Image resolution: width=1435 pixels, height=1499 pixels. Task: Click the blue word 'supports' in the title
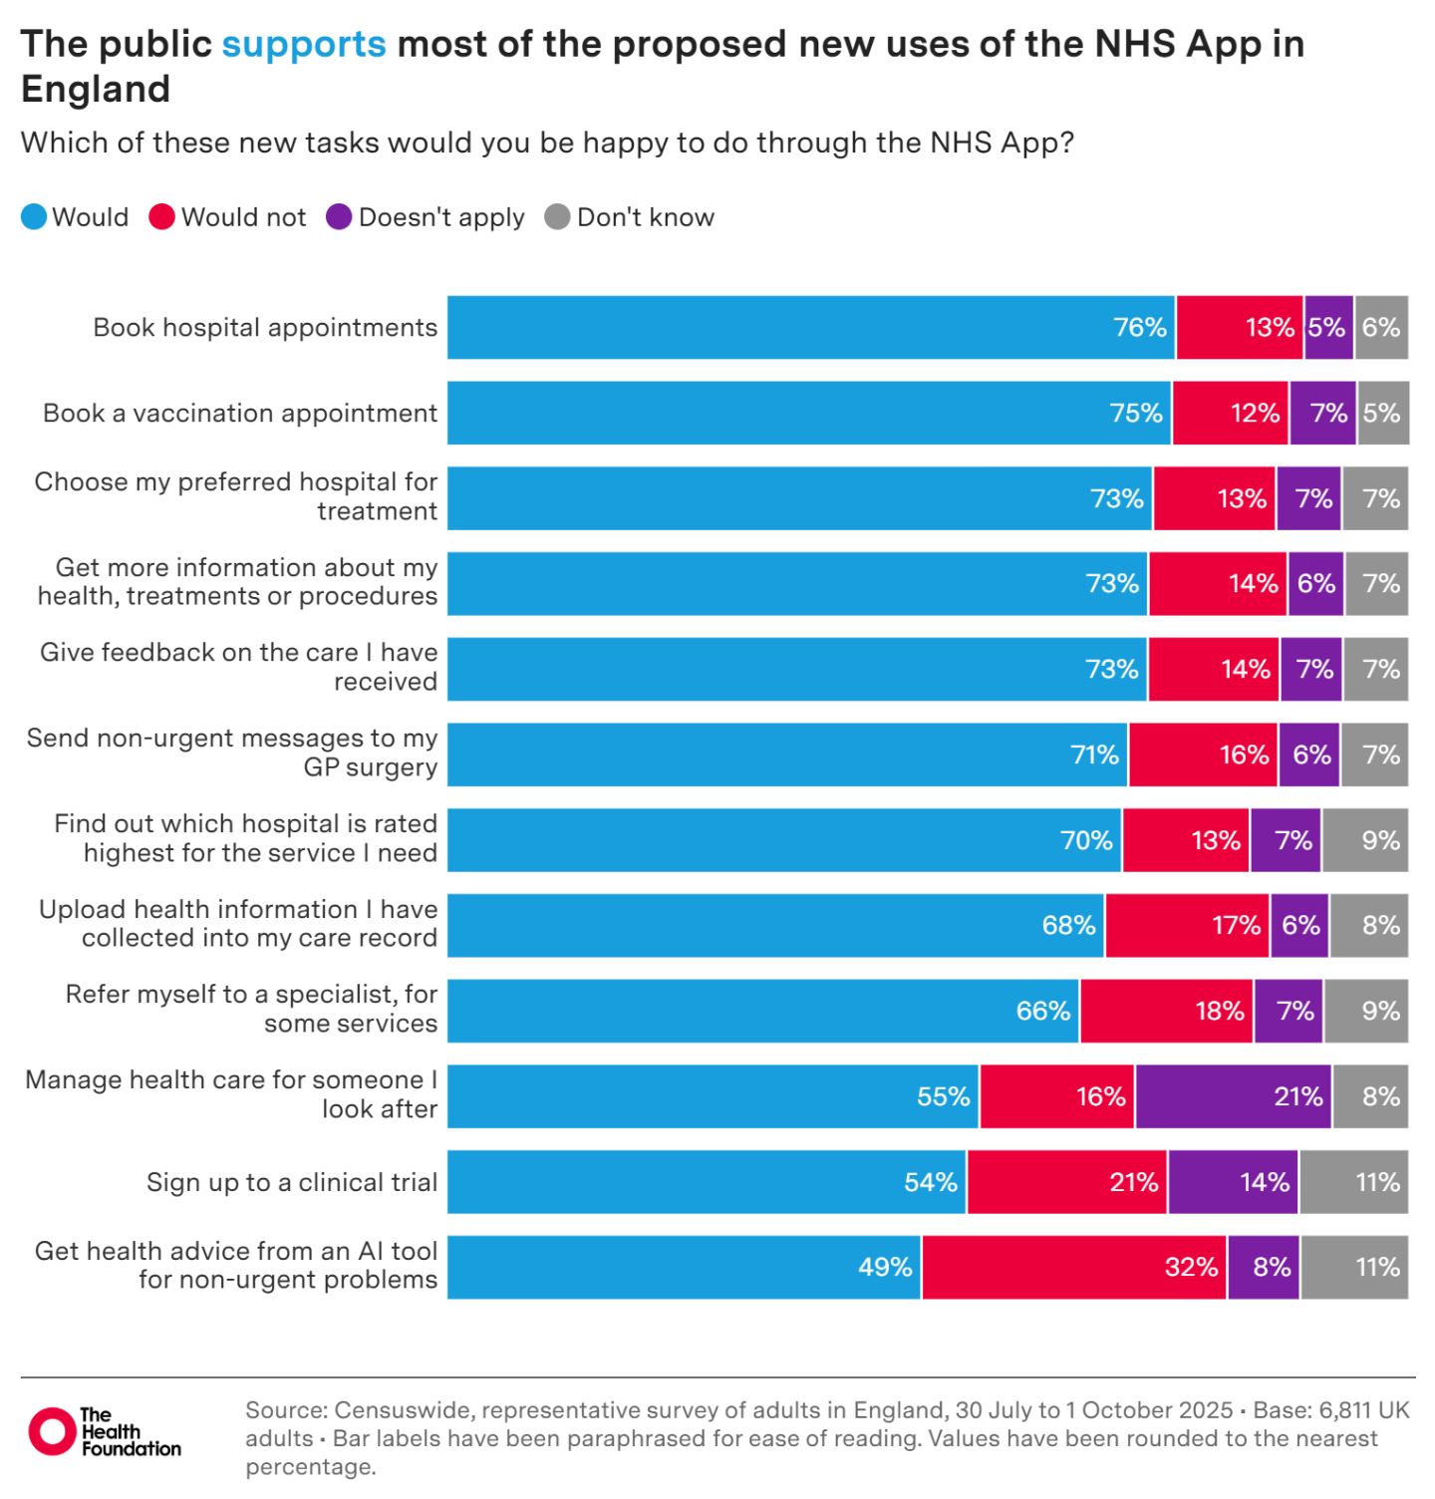click(x=303, y=45)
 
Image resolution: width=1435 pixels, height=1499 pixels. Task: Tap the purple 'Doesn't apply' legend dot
click(x=339, y=217)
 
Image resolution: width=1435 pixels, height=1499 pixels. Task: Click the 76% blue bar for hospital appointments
click(x=810, y=327)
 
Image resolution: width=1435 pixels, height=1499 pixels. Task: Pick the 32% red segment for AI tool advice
click(x=1073, y=1268)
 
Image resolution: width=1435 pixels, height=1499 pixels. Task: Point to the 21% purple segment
click(x=1233, y=1096)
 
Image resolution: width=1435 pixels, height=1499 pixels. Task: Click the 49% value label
click(x=885, y=1268)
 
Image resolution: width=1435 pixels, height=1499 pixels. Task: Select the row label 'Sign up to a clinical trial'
click(x=292, y=1182)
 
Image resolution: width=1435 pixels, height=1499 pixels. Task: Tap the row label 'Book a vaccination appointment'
click(x=240, y=413)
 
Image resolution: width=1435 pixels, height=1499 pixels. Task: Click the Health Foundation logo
click(x=104, y=1432)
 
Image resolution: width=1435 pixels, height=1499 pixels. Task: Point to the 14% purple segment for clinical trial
click(x=1233, y=1182)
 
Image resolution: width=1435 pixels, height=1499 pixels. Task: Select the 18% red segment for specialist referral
click(x=1166, y=1011)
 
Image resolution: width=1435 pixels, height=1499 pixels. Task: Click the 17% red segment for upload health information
click(x=1187, y=925)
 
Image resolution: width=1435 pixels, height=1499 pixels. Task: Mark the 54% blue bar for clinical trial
click(x=707, y=1182)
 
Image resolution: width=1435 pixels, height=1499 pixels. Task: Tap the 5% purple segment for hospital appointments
click(x=1328, y=327)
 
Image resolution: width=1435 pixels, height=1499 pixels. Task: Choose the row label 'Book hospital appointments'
click(x=265, y=327)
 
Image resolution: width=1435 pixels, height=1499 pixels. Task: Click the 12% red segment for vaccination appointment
click(x=1230, y=413)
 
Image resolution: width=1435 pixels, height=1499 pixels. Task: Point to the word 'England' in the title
click(x=96, y=90)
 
